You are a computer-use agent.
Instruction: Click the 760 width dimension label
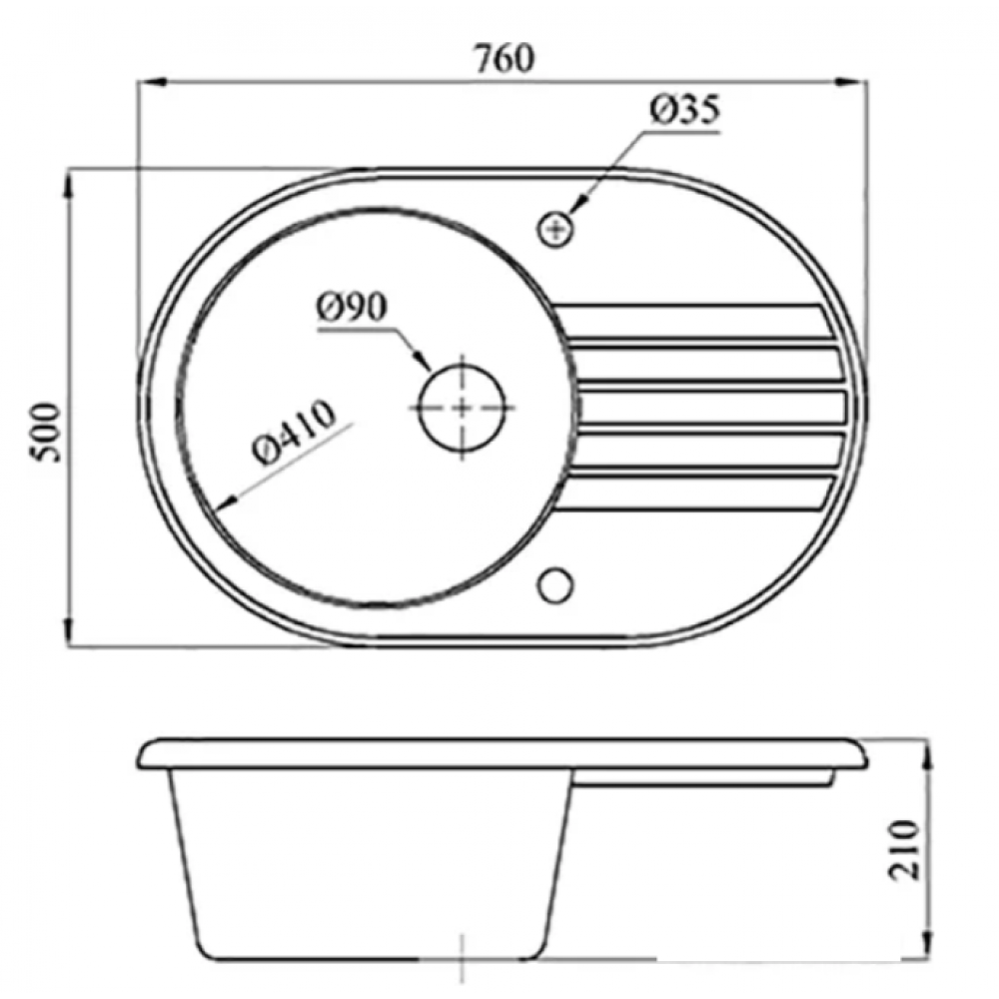(504, 59)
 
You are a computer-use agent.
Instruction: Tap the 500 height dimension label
(47, 432)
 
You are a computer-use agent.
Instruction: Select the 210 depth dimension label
(904, 850)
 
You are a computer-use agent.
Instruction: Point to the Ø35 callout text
(685, 110)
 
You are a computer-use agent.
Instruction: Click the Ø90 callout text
(352, 307)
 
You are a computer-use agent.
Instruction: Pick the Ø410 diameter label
(293, 433)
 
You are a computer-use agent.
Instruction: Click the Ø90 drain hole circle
(463, 365)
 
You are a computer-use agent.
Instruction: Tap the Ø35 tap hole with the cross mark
(555, 229)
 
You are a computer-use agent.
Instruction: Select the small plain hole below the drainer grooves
(555, 584)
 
